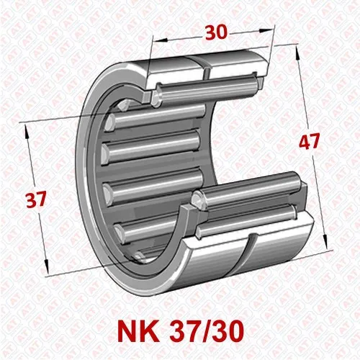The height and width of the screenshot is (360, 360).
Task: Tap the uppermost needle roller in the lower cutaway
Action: point(248,189)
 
